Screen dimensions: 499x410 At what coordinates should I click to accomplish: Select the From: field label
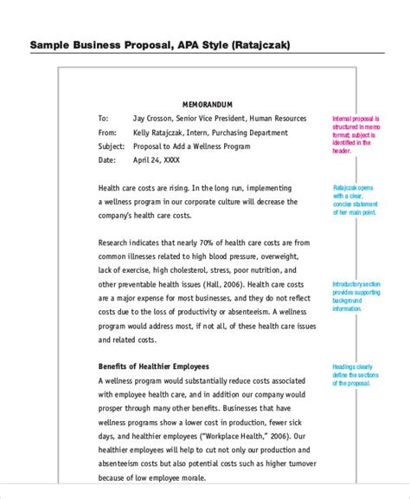point(107,133)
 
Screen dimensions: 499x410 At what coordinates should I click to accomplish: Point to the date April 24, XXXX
point(157,160)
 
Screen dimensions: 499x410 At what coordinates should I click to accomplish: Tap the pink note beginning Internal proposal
point(354,133)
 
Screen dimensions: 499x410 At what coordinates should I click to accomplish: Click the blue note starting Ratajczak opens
point(355,200)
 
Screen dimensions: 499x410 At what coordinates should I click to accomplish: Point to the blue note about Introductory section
point(355,295)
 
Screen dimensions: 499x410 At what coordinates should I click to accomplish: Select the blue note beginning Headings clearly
point(355,379)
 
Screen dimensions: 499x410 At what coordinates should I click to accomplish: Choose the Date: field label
point(107,160)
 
